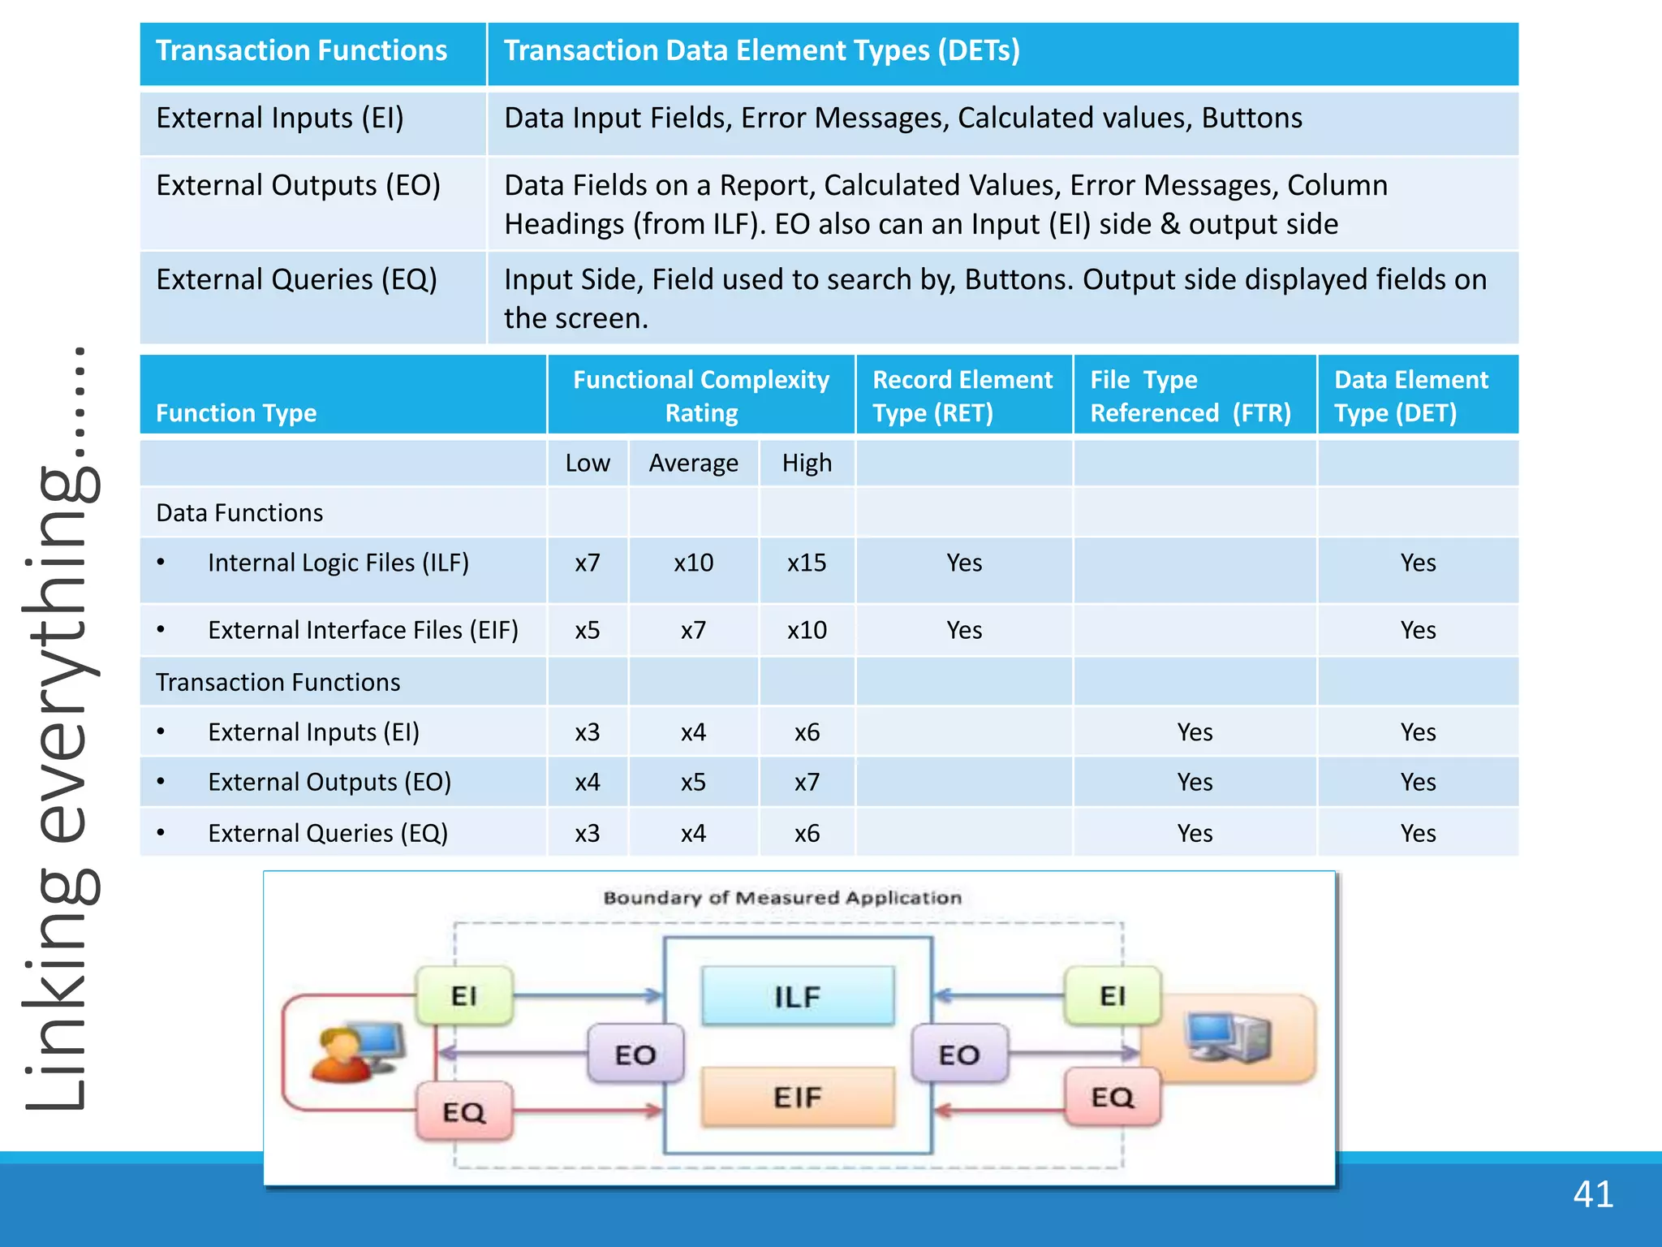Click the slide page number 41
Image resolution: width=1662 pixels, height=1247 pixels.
point(1593,1194)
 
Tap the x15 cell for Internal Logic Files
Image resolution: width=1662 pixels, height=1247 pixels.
point(807,563)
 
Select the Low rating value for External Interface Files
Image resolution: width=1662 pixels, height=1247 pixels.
point(587,630)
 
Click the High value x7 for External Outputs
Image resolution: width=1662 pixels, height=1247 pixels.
point(807,782)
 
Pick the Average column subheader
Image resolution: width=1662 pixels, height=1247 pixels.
point(693,463)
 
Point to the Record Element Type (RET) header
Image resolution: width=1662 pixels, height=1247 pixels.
point(962,396)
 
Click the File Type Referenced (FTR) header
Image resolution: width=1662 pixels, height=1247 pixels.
point(1191,396)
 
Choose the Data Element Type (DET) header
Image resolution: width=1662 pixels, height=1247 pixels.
point(1411,396)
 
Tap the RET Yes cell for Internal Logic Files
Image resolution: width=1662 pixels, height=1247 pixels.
point(964,563)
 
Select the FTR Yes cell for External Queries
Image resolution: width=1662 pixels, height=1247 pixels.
point(1195,833)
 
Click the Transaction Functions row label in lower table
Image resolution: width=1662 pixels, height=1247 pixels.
point(278,682)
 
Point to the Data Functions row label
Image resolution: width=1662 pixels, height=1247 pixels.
point(239,513)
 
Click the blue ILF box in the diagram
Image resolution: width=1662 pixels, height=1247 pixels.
point(798,996)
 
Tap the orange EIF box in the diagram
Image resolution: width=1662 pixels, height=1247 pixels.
point(798,1098)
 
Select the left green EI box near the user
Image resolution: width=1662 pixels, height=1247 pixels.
point(464,995)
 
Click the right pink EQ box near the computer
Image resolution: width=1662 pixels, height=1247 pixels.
point(1113,1098)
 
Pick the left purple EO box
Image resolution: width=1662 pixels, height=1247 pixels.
point(635,1055)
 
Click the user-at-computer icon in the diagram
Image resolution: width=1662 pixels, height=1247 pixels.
point(358,1052)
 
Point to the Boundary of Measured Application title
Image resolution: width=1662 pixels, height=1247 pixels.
point(782,898)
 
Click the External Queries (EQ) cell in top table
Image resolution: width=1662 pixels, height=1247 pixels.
point(297,279)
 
